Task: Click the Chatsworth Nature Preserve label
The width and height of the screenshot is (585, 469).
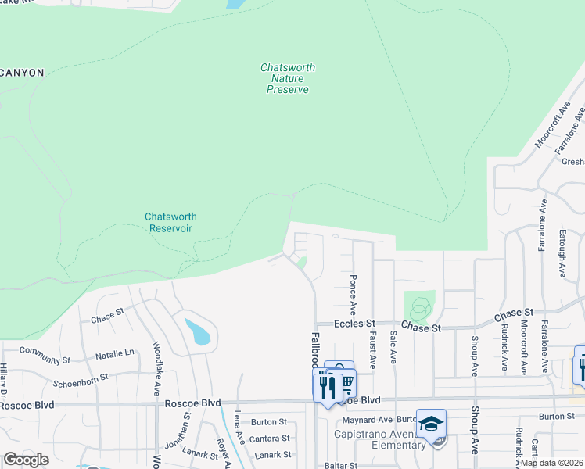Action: [x=288, y=78]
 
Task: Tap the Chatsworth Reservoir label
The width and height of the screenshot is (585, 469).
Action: [x=170, y=222]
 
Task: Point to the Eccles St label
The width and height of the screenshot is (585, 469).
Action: [x=355, y=323]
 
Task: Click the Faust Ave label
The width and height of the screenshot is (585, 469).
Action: [x=372, y=348]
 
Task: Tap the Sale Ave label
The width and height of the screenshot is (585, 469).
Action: [x=393, y=346]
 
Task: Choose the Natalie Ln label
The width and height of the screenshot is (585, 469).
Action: [x=115, y=355]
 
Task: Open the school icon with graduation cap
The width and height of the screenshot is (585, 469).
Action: [x=431, y=423]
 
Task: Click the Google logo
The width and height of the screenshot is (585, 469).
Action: [x=27, y=459]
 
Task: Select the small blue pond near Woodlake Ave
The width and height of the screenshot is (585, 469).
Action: [x=197, y=332]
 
